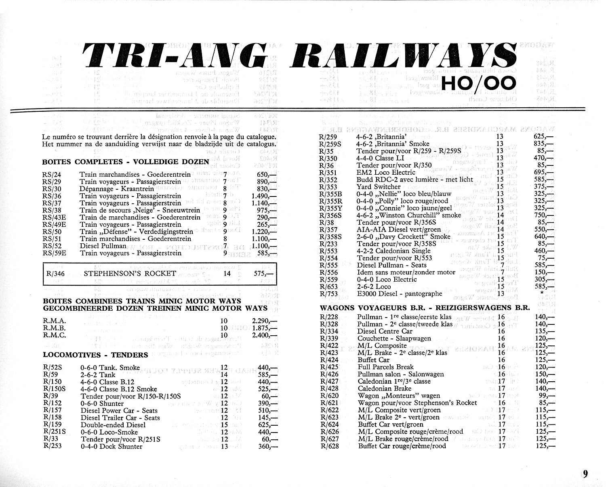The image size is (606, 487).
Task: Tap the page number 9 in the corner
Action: (585, 474)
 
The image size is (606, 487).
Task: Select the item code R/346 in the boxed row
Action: (55, 274)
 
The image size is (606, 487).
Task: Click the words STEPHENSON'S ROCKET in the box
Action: (130, 274)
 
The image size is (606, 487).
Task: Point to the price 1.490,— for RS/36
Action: (265, 196)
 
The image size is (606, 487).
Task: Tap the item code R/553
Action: (328, 251)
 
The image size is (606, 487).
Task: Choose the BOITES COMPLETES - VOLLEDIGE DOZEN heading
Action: (125, 162)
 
